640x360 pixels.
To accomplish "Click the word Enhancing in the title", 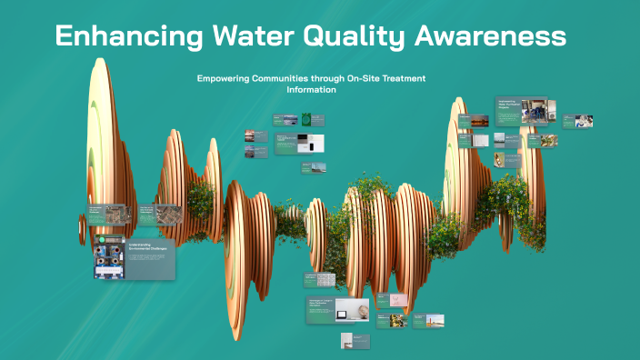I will [119, 36].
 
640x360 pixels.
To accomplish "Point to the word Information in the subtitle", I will [312, 90].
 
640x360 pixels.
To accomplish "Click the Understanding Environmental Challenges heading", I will [146, 247].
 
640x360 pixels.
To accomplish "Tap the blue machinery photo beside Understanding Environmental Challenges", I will [110, 257].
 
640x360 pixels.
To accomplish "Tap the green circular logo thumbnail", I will [307, 119].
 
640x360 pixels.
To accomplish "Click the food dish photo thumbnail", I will [398, 320].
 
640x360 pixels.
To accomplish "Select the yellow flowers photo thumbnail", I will [548, 141].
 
